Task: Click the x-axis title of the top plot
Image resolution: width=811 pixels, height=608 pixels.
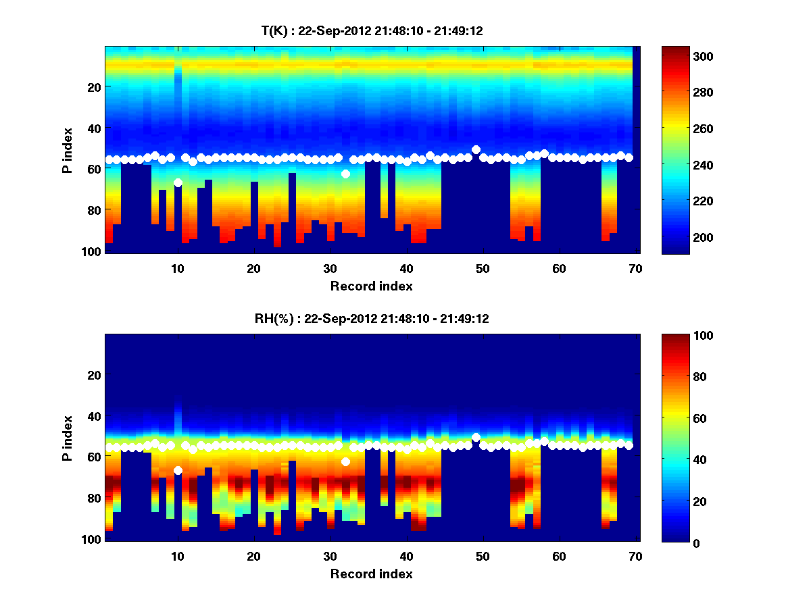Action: click(371, 286)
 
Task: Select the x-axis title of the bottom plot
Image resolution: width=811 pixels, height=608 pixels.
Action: click(371, 574)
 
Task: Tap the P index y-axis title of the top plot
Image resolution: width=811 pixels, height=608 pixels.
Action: click(68, 150)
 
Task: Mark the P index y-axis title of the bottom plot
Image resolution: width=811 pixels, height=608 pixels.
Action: click(68, 438)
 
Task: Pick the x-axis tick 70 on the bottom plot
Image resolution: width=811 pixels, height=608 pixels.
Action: click(635, 556)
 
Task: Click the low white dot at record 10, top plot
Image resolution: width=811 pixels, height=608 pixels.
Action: click(178, 182)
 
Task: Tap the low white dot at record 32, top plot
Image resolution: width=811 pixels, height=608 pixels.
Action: click(345, 174)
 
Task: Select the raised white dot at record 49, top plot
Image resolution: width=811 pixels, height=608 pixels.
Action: click(476, 149)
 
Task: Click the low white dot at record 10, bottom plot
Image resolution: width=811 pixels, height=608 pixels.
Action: click(178, 470)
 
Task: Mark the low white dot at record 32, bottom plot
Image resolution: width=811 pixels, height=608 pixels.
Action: click(345, 461)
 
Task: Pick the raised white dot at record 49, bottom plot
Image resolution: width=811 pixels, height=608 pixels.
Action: click(476, 437)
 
